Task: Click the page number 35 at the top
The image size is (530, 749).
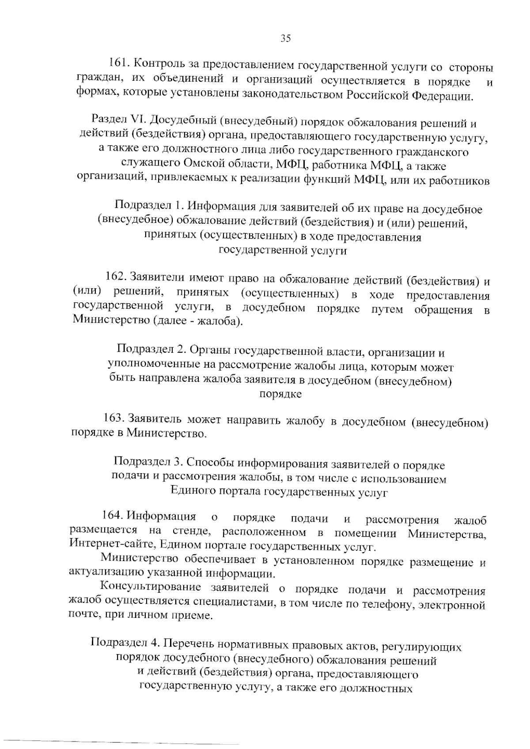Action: (286, 38)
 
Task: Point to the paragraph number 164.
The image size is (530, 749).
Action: (112, 515)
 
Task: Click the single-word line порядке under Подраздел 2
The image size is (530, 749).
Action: (280, 394)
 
